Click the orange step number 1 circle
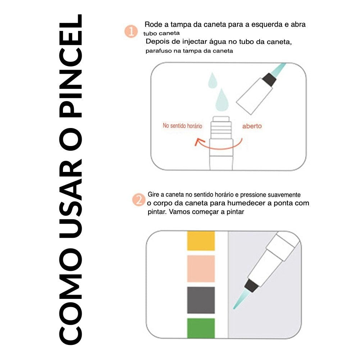131,31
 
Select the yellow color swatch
201,241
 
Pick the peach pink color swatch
201,269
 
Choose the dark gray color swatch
201,300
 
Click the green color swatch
201,328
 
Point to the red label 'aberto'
252,126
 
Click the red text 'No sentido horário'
182,126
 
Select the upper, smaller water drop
213,80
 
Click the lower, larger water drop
222,100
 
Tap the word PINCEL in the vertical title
70,66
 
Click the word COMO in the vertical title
70,297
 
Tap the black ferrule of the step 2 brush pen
252,286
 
